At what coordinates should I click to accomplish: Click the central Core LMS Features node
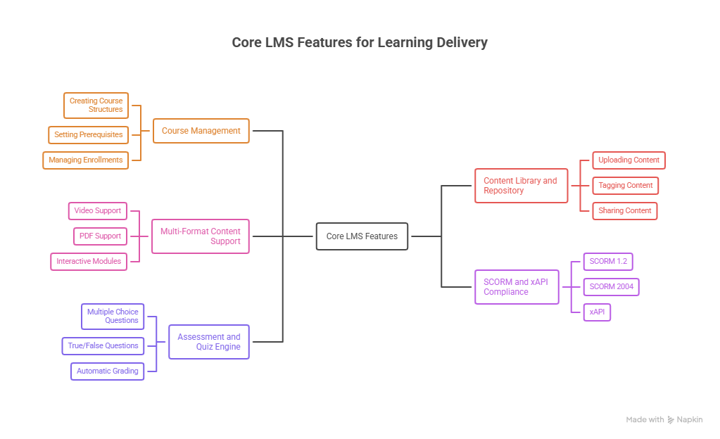click(x=362, y=236)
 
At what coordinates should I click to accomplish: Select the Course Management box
click(x=201, y=131)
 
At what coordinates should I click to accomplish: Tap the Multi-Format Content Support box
click(x=201, y=236)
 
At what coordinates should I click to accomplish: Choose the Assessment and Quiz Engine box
click(x=209, y=342)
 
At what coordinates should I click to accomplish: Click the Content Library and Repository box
click(x=521, y=186)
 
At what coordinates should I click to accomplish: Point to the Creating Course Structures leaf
click(x=96, y=106)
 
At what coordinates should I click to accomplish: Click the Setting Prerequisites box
click(x=89, y=134)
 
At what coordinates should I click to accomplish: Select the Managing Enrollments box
click(x=86, y=160)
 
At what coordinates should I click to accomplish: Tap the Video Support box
click(x=98, y=211)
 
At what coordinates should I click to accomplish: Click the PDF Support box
click(x=101, y=236)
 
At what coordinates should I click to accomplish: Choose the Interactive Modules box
click(x=89, y=262)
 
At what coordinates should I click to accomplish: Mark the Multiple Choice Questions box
click(x=113, y=317)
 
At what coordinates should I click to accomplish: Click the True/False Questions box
click(x=103, y=346)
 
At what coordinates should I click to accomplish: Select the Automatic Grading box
click(x=108, y=371)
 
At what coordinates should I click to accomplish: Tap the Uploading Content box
click(x=629, y=160)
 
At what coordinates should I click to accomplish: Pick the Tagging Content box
click(x=626, y=186)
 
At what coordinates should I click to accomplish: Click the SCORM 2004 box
click(x=611, y=287)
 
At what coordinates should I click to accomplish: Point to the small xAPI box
click(x=597, y=312)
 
